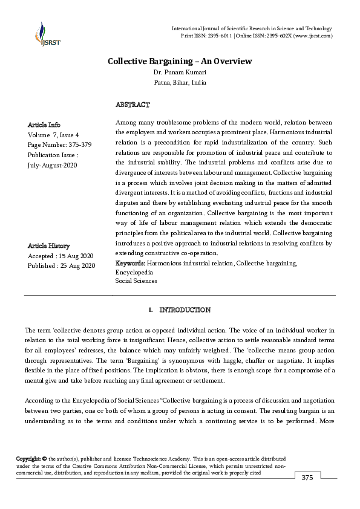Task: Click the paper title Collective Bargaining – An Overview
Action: pyautogui.click(x=180, y=61)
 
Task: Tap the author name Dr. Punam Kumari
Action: pyautogui.click(x=180, y=72)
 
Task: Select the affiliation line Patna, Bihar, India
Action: pyautogui.click(x=180, y=82)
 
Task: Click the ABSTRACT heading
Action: pyautogui.click(x=132, y=105)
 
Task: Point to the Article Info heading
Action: pyautogui.click(x=44, y=125)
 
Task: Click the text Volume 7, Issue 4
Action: pyautogui.click(x=54, y=135)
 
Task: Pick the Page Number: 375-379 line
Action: pyautogui.click(x=58, y=145)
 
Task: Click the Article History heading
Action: pyautogui.click(x=49, y=246)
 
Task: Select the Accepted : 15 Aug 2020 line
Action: pyautogui.click(x=61, y=256)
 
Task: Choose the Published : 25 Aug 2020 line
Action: pyautogui.click(x=62, y=265)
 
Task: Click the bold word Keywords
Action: pyautogui.click(x=130, y=264)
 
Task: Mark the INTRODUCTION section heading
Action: pyautogui.click(x=185, y=310)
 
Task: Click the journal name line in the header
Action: pyautogui.click(x=252, y=28)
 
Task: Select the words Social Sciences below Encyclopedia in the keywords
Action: pyautogui.click(x=136, y=280)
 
